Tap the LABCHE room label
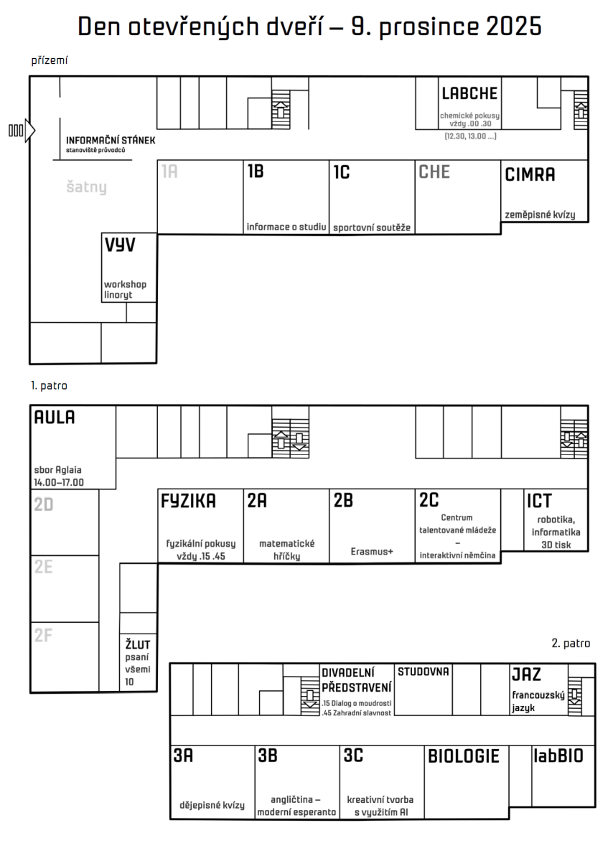[469, 93]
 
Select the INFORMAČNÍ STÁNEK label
[111, 141]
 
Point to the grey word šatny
[87, 187]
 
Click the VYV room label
[120, 245]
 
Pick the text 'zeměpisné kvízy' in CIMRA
[540, 215]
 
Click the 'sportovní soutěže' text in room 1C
[372, 227]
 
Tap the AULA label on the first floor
[55, 418]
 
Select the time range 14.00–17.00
[59, 482]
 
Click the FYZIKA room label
[188, 501]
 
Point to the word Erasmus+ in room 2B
[372, 552]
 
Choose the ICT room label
[539, 501]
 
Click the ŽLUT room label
[138, 644]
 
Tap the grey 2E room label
[44, 567]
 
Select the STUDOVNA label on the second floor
[424, 672]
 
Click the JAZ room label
[526, 674]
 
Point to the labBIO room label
[558, 756]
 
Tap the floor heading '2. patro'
[571, 644]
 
